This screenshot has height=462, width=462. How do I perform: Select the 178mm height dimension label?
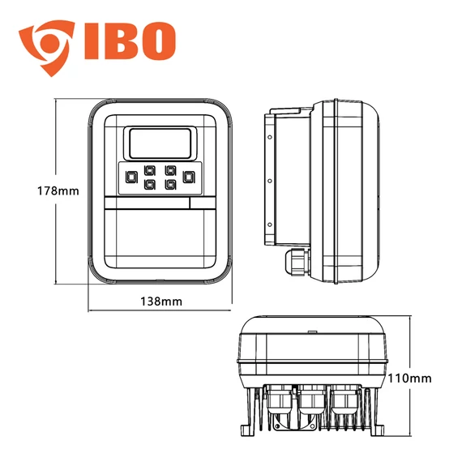(x=35, y=191)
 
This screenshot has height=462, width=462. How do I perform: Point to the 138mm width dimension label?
(x=160, y=302)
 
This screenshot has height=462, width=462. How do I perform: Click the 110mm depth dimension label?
(x=411, y=379)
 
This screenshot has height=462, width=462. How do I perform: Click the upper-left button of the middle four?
(x=150, y=171)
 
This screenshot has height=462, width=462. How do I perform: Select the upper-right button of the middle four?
(x=170, y=171)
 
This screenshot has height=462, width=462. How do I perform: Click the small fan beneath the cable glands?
(x=283, y=421)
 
